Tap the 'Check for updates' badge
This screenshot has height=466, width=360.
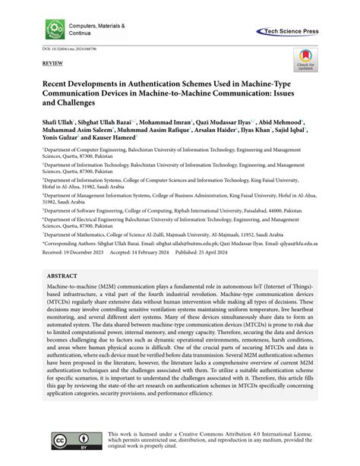[x=305, y=62]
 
